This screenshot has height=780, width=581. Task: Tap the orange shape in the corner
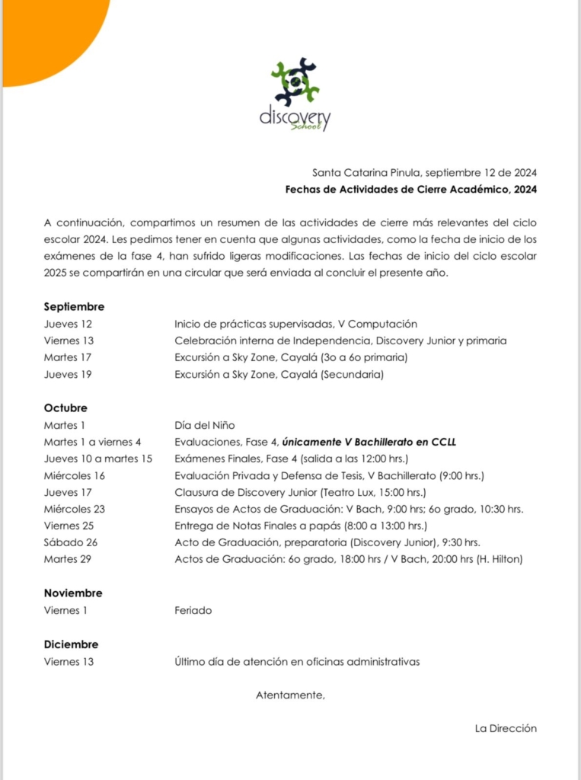tap(46, 30)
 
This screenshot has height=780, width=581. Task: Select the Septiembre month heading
tap(74, 307)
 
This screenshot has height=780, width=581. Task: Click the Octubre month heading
tap(65, 408)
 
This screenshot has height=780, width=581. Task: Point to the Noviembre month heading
tap(72, 593)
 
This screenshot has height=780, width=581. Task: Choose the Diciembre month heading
tap(71, 644)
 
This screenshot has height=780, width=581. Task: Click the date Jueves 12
tap(68, 324)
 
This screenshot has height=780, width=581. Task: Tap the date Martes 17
tap(68, 357)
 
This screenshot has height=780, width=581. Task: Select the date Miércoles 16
tap(75, 475)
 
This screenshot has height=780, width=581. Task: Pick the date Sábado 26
tap(71, 542)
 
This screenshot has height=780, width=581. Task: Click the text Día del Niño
tap(205, 425)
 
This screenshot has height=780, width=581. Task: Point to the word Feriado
tap(193, 610)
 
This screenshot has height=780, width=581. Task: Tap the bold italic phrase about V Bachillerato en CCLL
tap(369, 442)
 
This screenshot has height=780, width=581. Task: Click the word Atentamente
tap(290, 695)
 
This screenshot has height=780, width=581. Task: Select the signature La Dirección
tap(506, 728)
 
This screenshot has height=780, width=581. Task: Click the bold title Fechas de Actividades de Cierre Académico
tap(411, 189)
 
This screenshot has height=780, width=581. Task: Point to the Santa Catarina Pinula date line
tap(424, 173)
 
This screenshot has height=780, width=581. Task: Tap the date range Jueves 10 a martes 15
tap(98, 459)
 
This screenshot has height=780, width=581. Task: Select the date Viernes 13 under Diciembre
tap(69, 661)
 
